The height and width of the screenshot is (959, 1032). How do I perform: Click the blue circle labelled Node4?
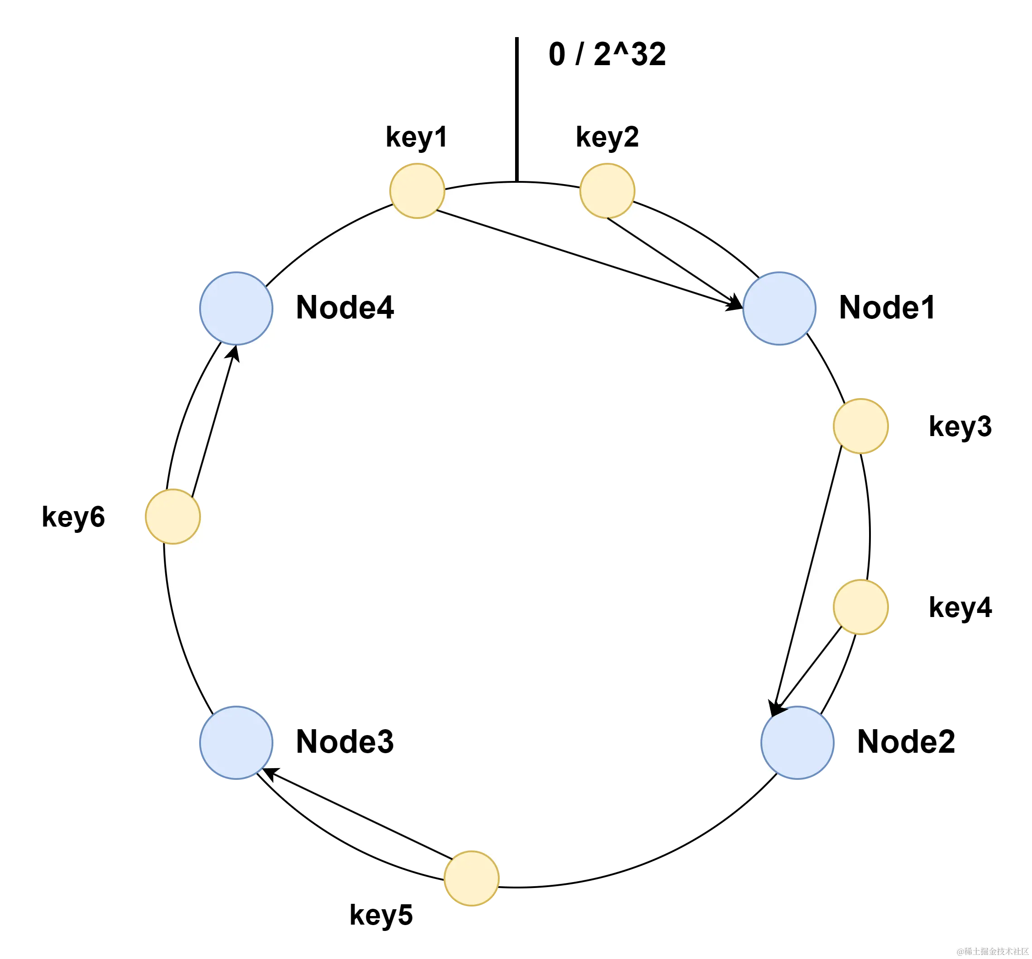[236, 308]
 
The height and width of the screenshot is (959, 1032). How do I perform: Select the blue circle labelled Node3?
[236, 742]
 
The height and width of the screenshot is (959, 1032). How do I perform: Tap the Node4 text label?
[345, 307]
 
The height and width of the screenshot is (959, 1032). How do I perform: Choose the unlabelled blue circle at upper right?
[779, 308]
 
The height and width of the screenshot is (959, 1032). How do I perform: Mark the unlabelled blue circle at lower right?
[798, 742]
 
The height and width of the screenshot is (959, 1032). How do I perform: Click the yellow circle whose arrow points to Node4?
[173, 516]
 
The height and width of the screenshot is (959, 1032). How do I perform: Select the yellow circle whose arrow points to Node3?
[471, 878]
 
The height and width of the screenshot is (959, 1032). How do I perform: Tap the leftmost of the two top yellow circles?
[417, 191]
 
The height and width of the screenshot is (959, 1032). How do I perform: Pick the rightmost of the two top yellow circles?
[607, 191]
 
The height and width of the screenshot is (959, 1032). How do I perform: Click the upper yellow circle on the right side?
[861, 426]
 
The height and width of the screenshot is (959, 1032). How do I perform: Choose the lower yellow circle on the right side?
[861, 607]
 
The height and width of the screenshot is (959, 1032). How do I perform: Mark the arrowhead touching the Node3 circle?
[268, 774]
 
